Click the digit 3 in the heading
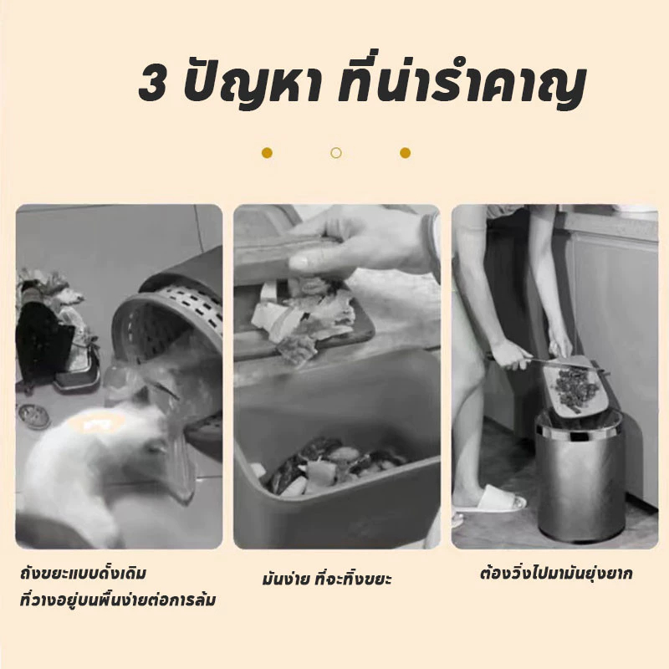(152, 84)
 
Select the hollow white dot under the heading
(336, 153)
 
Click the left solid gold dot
(267, 153)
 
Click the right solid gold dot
(406, 153)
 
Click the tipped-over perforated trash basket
(171, 337)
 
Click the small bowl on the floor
(33, 415)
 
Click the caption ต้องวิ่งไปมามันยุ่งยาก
(556, 574)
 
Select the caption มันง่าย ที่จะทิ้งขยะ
(327, 579)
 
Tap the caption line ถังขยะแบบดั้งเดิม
(83, 573)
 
